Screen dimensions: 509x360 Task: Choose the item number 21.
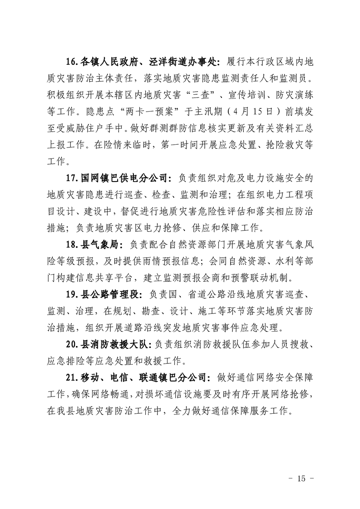tap(73, 377)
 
